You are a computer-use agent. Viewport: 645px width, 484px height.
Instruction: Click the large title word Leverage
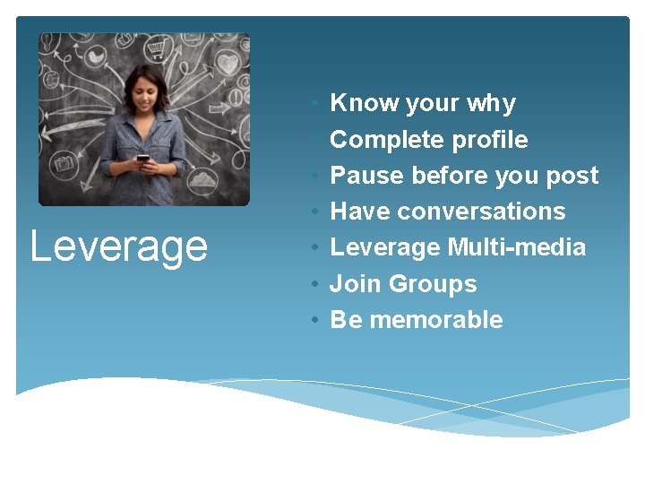118,246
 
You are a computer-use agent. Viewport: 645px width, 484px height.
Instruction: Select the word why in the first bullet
491,104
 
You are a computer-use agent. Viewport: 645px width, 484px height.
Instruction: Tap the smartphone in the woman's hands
142,160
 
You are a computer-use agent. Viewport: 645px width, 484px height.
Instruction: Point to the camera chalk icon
65,163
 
